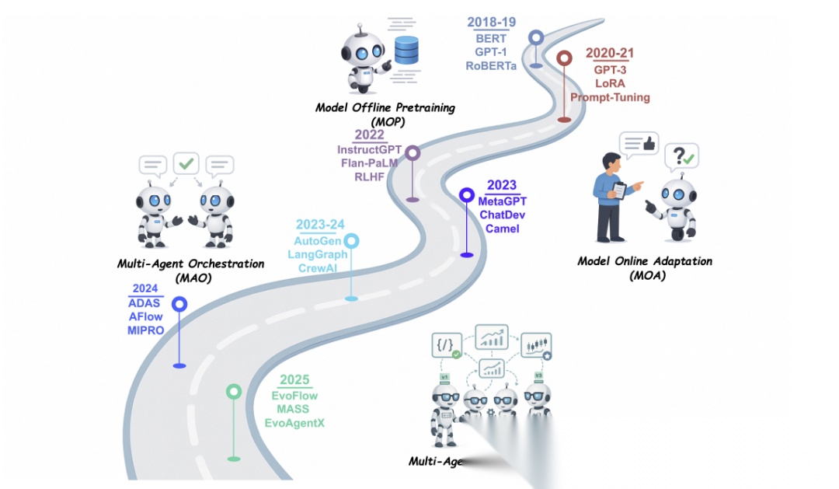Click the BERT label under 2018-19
(x=490, y=38)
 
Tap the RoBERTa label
(x=490, y=66)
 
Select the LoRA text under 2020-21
(x=610, y=83)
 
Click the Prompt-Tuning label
(x=610, y=97)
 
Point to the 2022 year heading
(x=369, y=134)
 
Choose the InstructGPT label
(x=370, y=149)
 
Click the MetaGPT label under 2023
(x=502, y=201)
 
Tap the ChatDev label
(x=502, y=215)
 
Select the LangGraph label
(x=319, y=254)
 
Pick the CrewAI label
(x=319, y=268)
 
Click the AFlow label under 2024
(x=145, y=316)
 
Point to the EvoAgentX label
(x=295, y=423)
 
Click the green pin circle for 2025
(x=234, y=392)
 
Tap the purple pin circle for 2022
(x=413, y=153)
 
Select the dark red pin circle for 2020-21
(x=564, y=58)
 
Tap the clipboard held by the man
(x=620, y=190)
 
